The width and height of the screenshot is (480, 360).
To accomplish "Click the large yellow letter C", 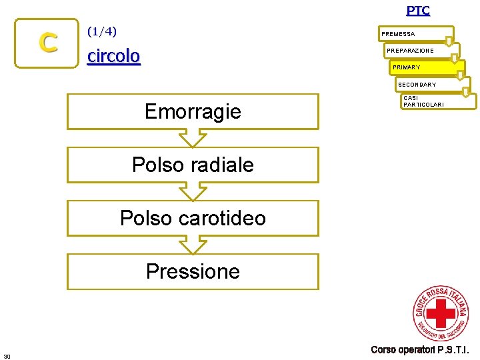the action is click(x=47, y=43).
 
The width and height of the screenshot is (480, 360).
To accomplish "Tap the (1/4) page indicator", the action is click(x=102, y=31).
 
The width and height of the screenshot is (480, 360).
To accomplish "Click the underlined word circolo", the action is click(x=114, y=56).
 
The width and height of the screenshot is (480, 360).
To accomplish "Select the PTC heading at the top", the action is click(x=418, y=10).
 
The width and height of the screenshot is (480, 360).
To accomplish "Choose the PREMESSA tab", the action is click(x=398, y=33).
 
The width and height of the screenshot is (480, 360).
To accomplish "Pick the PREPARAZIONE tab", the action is click(x=410, y=51).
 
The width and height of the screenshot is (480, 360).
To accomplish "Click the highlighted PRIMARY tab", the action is click(x=407, y=67).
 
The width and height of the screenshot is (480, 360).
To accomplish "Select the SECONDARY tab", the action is click(x=417, y=85).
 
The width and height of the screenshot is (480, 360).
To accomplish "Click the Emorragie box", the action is click(x=193, y=111).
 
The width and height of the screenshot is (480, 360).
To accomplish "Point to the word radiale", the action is click(x=219, y=165).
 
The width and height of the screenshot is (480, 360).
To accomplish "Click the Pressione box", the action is click(x=193, y=271).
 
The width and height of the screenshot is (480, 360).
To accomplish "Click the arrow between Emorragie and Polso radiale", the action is click(x=193, y=138).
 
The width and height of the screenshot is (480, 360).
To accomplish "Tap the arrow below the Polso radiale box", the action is click(x=193, y=192).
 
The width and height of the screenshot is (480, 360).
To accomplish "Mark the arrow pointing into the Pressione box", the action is click(x=193, y=245).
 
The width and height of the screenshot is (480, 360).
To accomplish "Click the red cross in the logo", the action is click(x=440, y=313).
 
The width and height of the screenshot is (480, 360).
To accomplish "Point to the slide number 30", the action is click(x=7, y=356).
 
